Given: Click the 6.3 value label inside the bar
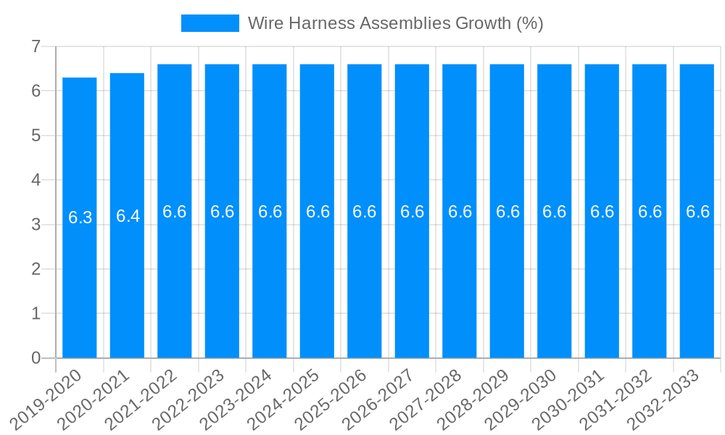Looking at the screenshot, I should click(x=80, y=217).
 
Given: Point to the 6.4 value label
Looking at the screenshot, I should click(x=128, y=216).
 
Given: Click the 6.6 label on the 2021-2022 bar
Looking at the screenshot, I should click(x=175, y=212).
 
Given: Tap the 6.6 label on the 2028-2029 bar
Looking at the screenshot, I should click(x=507, y=212).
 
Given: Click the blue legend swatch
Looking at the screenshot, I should click(x=210, y=23).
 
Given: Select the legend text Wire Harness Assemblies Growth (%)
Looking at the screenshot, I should click(x=395, y=23).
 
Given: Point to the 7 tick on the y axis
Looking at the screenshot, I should click(x=36, y=46).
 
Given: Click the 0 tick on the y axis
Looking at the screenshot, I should click(x=36, y=358).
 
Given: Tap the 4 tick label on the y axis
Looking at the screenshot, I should click(x=36, y=180).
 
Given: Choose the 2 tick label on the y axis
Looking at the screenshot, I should click(x=36, y=269).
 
